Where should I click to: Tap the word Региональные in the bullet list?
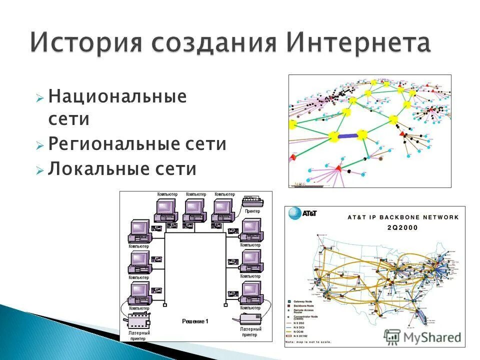(108, 144)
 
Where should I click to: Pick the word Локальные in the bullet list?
(92, 168)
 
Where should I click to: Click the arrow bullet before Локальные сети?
(40, 170)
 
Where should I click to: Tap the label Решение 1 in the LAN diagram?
(195, 321)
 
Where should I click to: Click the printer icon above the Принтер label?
(253, 201)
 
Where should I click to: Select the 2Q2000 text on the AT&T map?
(402, 227)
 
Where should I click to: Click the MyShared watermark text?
(431, 338)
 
